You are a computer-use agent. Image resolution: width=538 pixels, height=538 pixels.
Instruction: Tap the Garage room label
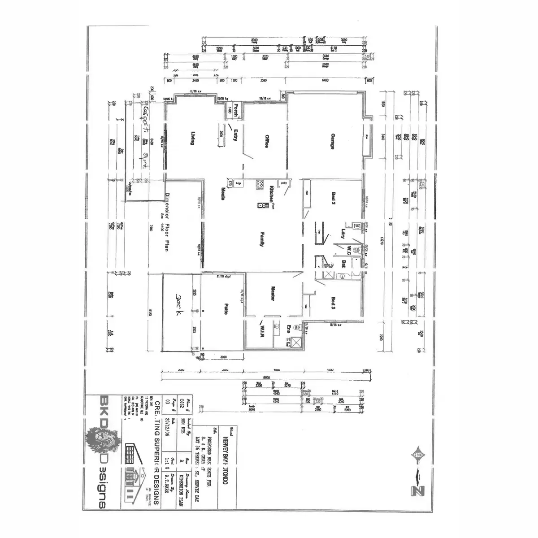point(332,140)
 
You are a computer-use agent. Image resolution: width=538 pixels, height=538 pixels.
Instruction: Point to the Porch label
point(235,110)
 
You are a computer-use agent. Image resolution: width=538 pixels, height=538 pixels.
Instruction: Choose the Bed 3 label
point(333,304)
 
